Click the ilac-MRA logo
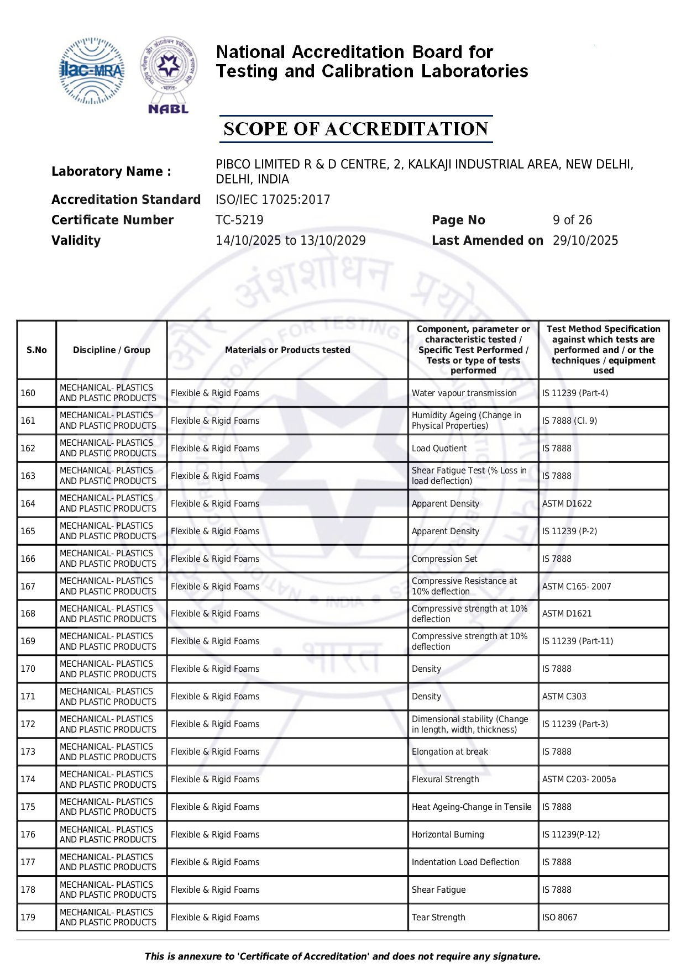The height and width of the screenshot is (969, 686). click(92, 71)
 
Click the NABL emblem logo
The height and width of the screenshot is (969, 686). click(169, 75)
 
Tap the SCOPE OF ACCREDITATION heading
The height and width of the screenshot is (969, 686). click(355, 129)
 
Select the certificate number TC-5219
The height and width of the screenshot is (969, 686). click(239, 220)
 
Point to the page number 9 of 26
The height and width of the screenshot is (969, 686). click(572, 220)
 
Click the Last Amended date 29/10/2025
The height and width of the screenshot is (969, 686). click(585, 240)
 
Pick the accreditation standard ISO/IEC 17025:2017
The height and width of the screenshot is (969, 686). click(273, 199)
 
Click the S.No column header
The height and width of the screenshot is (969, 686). click(36, 350)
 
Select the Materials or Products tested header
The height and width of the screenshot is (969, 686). click(287, 350)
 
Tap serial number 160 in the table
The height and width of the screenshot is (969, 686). click(28, 393)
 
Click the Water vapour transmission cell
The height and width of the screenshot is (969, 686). click(464, 393)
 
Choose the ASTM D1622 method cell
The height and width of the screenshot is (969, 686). click(567, 504)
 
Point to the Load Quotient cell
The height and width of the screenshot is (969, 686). click(439, 449)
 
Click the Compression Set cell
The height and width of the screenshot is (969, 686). click(444, 559)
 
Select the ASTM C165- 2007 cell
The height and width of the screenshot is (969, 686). click(577, 587)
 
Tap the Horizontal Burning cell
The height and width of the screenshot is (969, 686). click(447, 835)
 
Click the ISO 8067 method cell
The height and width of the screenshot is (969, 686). click(559, 918)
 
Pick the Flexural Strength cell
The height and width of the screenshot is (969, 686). click(445, 780)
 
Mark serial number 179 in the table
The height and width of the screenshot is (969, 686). click(28, 918)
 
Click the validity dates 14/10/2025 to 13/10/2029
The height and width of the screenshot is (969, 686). click(290, 240)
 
